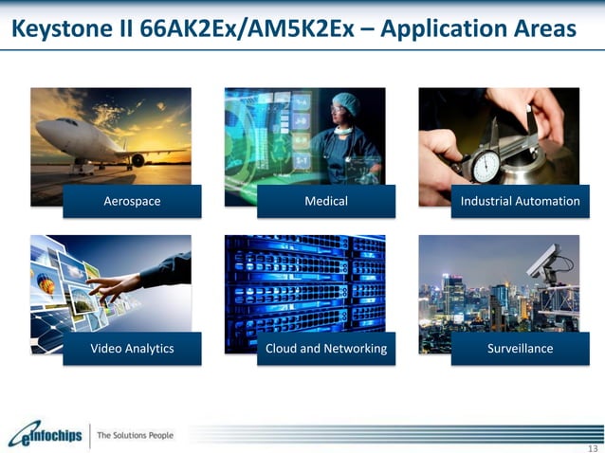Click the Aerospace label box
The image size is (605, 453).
pos(132,201)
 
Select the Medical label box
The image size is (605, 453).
pos(325,201)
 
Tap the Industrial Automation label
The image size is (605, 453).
pos(520,201)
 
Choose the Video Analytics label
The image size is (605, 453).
pos(132,349)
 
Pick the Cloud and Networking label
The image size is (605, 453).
pos(325,349)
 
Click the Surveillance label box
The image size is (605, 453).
pos(520,349)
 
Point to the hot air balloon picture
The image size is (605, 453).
pos(46,281)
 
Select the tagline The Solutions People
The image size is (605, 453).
pos(136,435)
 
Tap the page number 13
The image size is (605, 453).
pos(592,446)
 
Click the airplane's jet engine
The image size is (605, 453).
pos(137,159)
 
